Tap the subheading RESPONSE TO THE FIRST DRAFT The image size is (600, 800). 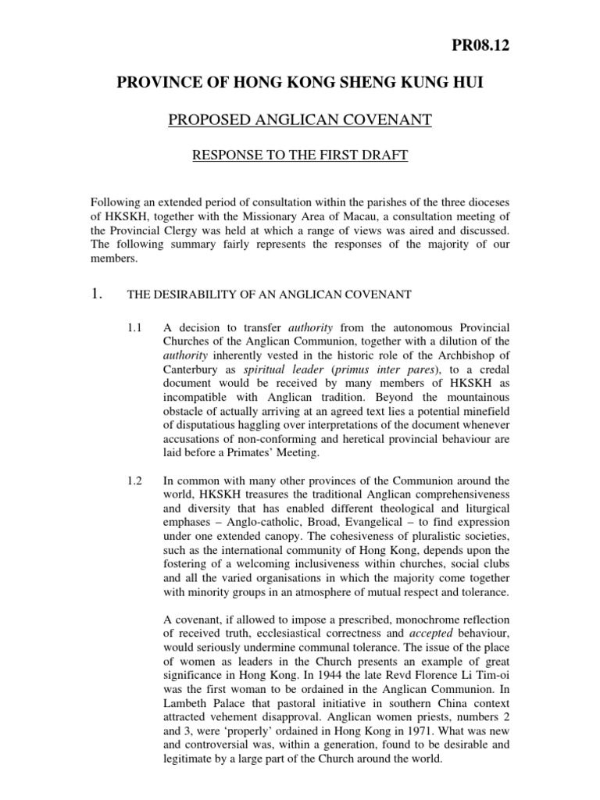(x=299, y=155)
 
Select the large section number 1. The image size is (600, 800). (x=98, y=295)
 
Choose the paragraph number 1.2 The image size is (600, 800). (x=134, y=480)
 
